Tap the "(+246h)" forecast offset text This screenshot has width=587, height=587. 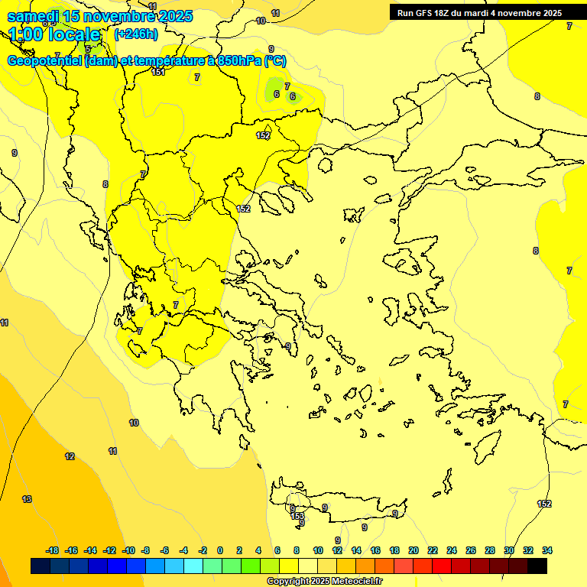click(136, 34)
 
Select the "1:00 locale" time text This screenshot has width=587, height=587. click(55, 34)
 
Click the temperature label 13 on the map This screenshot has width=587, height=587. click(27, 499)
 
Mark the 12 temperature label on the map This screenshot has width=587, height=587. click(70, 456)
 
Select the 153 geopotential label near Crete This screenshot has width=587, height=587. click(297, 516)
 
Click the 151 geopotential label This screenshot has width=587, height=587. click(158, 72)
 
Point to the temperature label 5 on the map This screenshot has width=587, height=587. click(88, 49)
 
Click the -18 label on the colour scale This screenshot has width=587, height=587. click(53, 550)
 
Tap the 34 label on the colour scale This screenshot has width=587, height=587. click(547, 550)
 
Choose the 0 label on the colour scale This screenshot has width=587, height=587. click(220, 550)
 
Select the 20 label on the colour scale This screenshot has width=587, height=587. click(413, 550)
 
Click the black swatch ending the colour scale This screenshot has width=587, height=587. click(537, 566)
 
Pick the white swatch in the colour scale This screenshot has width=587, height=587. click(308, 566)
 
